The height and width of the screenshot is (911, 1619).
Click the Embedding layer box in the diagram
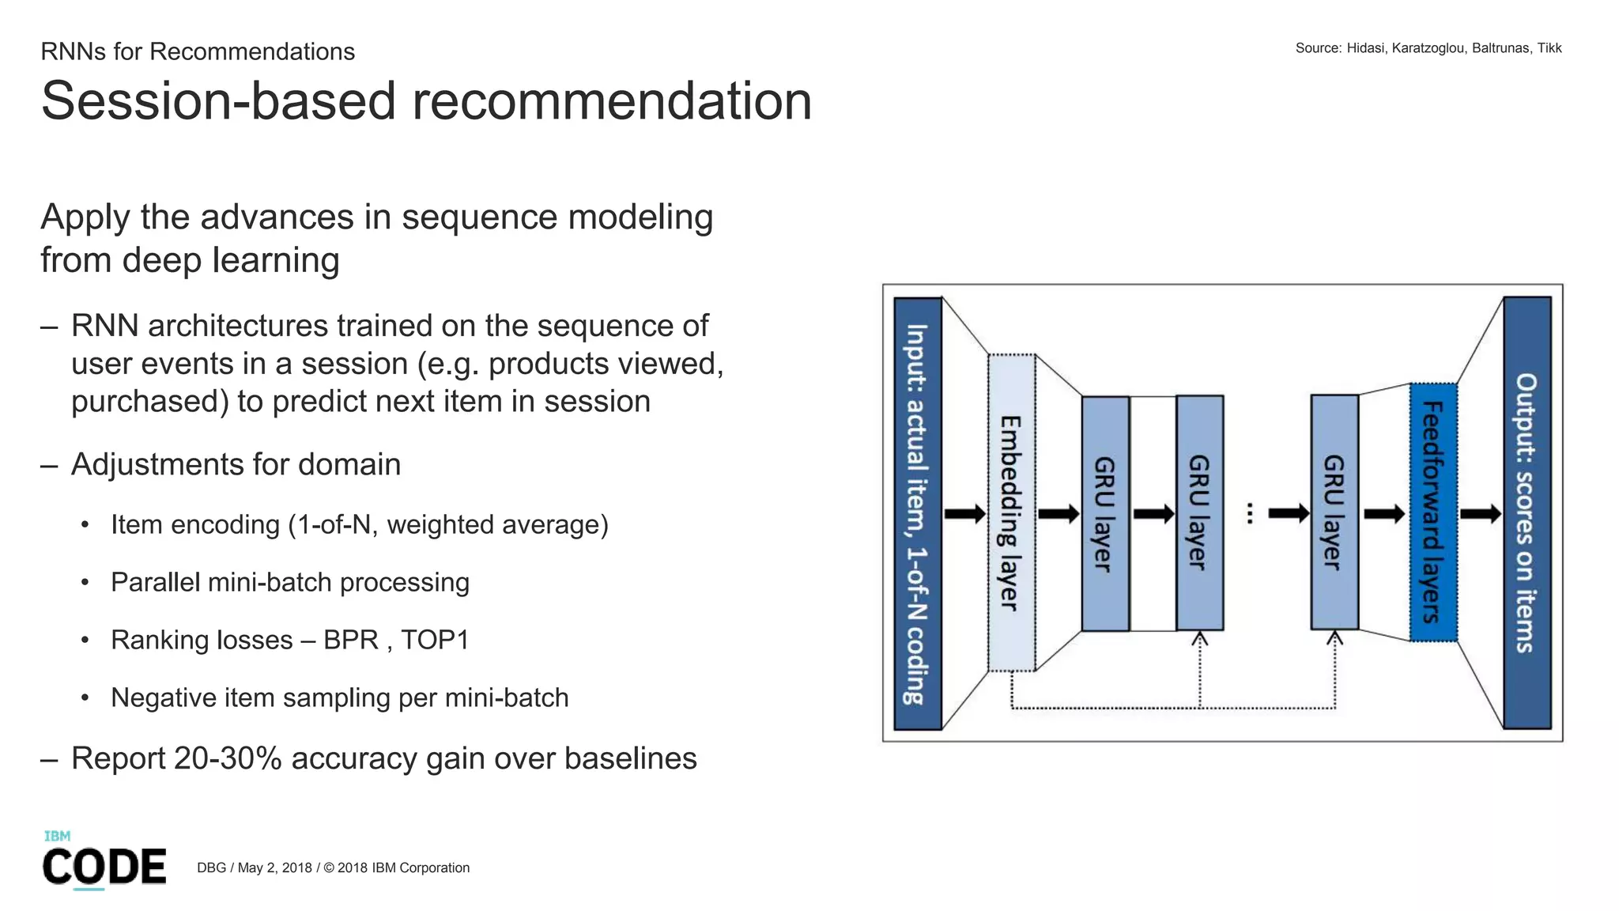[x=1011, y=512]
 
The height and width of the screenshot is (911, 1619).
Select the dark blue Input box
[x=917, y=513]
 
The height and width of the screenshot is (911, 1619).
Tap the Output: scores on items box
[x=1527, y=512]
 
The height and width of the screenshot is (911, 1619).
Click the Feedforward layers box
[x=1433, y=512]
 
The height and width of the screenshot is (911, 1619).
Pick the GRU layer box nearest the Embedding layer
[x=1105, y=513]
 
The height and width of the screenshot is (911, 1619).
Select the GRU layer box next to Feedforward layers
[x=1334, y=512]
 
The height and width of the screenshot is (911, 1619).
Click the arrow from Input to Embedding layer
[x=964, y=514]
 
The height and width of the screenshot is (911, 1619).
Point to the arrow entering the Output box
[x=1480, y=514]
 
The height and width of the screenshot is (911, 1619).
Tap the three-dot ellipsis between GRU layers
[x=1250, y=513]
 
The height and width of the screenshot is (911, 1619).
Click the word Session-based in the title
[x=218, y=101]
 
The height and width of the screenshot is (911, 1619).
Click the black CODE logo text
[x=104, y=867]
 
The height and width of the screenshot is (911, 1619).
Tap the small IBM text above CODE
[x=57, y=836]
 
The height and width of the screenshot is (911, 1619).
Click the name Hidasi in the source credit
[x=1365, y=48]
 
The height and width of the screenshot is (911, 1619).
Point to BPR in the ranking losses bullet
[x=351, y=640]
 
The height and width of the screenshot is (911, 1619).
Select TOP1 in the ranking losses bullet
[x=435, y=640]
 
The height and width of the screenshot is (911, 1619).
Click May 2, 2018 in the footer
[x=274, y=868]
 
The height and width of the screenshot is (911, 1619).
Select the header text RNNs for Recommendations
[x=198, y=51]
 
